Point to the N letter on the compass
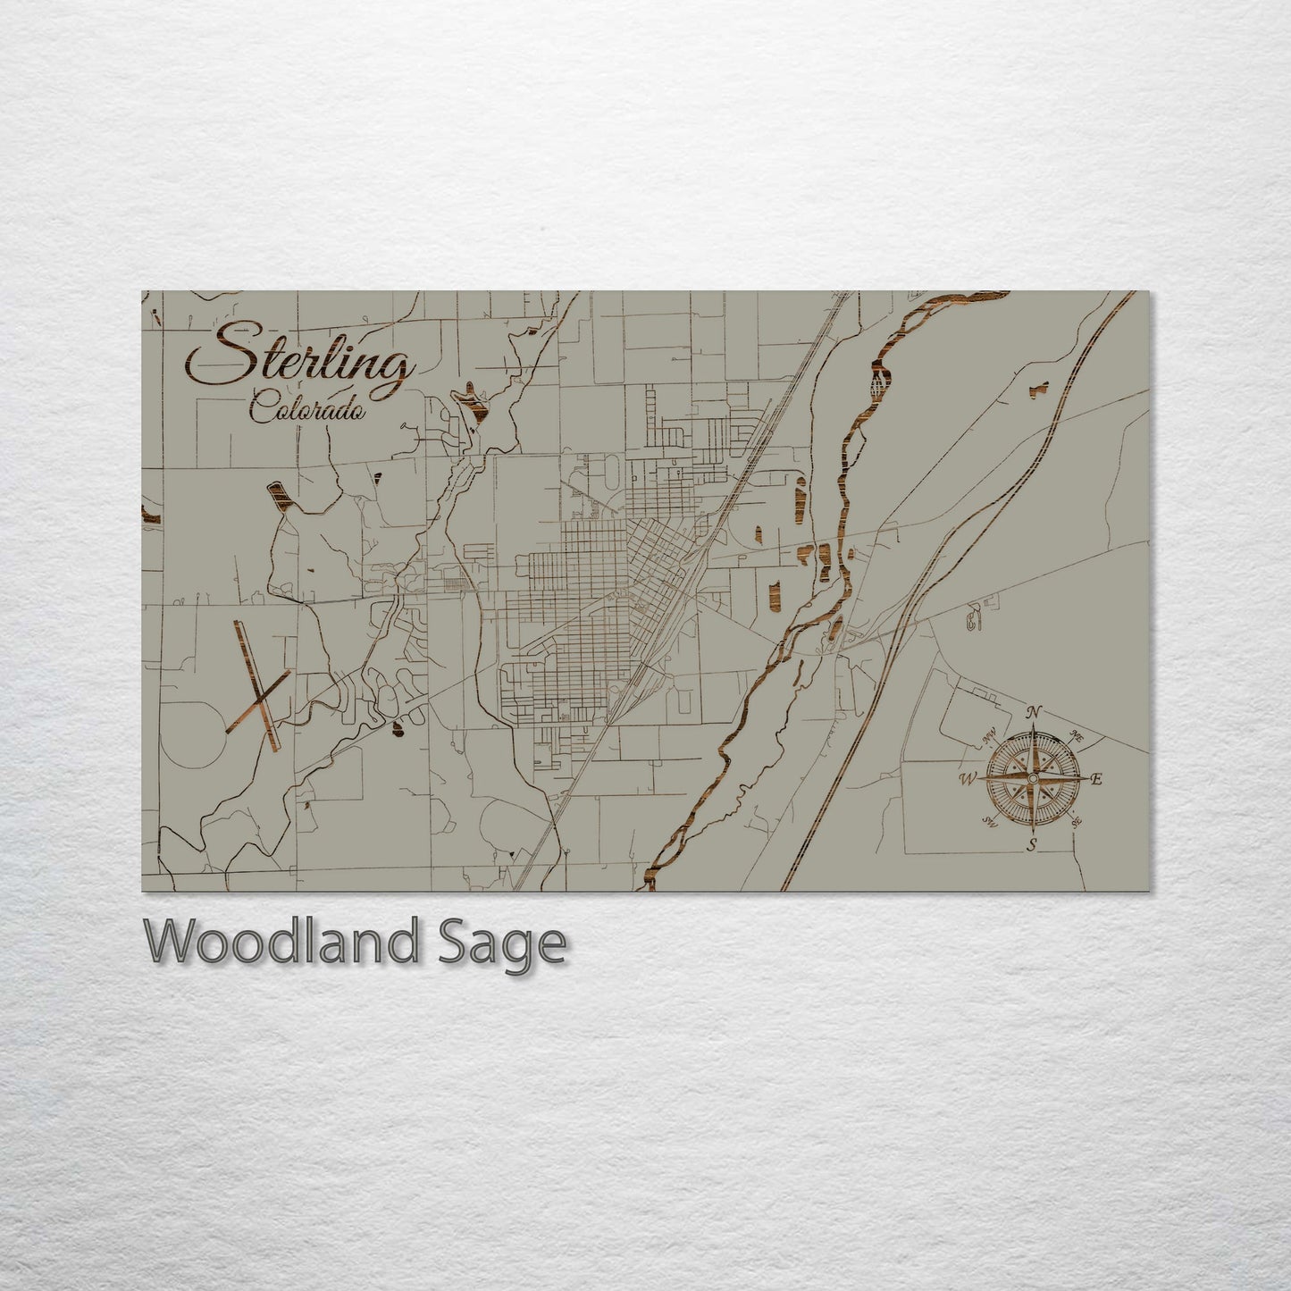click(x=1034, y=712)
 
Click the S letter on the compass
click(x=1031, y=845)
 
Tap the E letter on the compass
click(x=1097, y=779)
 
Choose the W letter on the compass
click(x=967, y=779)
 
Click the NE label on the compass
click(x=1077, y=738)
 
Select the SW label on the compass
click(x=988, y=821)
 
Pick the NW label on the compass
click(x=990, y=739)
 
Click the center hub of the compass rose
click(x=1032, y=779)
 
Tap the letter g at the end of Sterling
click(x=396, y=372)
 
